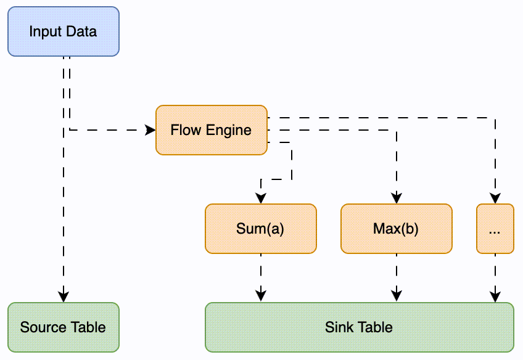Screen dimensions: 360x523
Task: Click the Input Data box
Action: [x=63, y=31]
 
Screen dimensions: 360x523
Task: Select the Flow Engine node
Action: [x=211, y=130]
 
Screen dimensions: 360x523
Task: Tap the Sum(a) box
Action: [x=260, y=229]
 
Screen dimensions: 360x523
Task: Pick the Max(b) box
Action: [x=396, y=229]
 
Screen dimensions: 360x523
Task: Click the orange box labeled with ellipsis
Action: [x=495, y=229]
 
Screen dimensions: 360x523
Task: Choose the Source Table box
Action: [x=63, y=327]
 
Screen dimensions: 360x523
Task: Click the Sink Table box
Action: [x=359, y=327]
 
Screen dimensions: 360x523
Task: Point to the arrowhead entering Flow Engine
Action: [x=150, y=130]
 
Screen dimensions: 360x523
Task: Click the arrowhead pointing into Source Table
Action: [x=63, y=296]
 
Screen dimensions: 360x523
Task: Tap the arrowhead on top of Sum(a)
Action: [x=260, y=198]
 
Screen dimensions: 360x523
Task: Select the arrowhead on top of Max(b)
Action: [x=396, y=198]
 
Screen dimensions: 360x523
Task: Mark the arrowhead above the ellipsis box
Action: [x=495, y=198]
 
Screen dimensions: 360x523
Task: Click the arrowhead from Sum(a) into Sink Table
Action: [x=260, y=296]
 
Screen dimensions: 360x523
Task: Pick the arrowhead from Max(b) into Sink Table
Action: [x=396, y=296]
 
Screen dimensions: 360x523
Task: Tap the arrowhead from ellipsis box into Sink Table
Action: [x=495, y=296]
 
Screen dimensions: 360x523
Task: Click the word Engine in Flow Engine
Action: [x=229, y=131]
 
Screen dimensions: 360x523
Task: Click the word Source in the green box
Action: [x=41, y=327]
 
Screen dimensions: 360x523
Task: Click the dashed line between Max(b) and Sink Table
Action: [x=396, y=271]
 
